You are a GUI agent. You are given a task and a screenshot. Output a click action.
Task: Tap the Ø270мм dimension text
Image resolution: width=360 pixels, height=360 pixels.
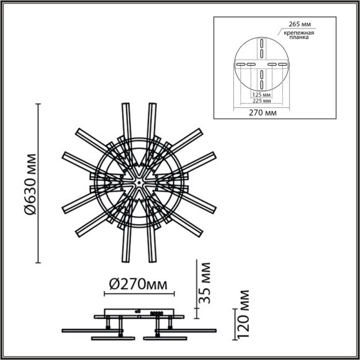coord(137,284)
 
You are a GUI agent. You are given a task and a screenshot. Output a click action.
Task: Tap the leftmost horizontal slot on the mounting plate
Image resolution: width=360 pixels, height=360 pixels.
coord(238,64)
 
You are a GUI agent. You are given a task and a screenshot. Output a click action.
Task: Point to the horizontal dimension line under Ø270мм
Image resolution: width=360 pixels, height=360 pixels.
coord(137,295)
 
